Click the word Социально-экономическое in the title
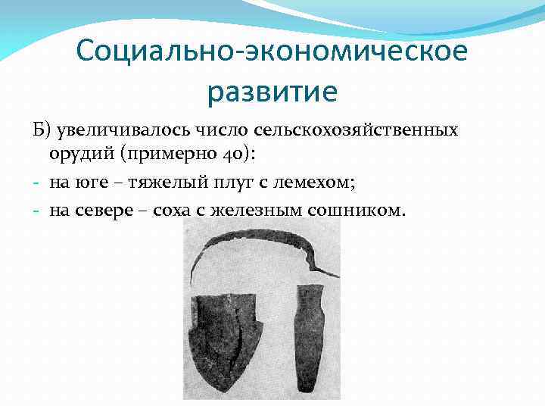(272, 52)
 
